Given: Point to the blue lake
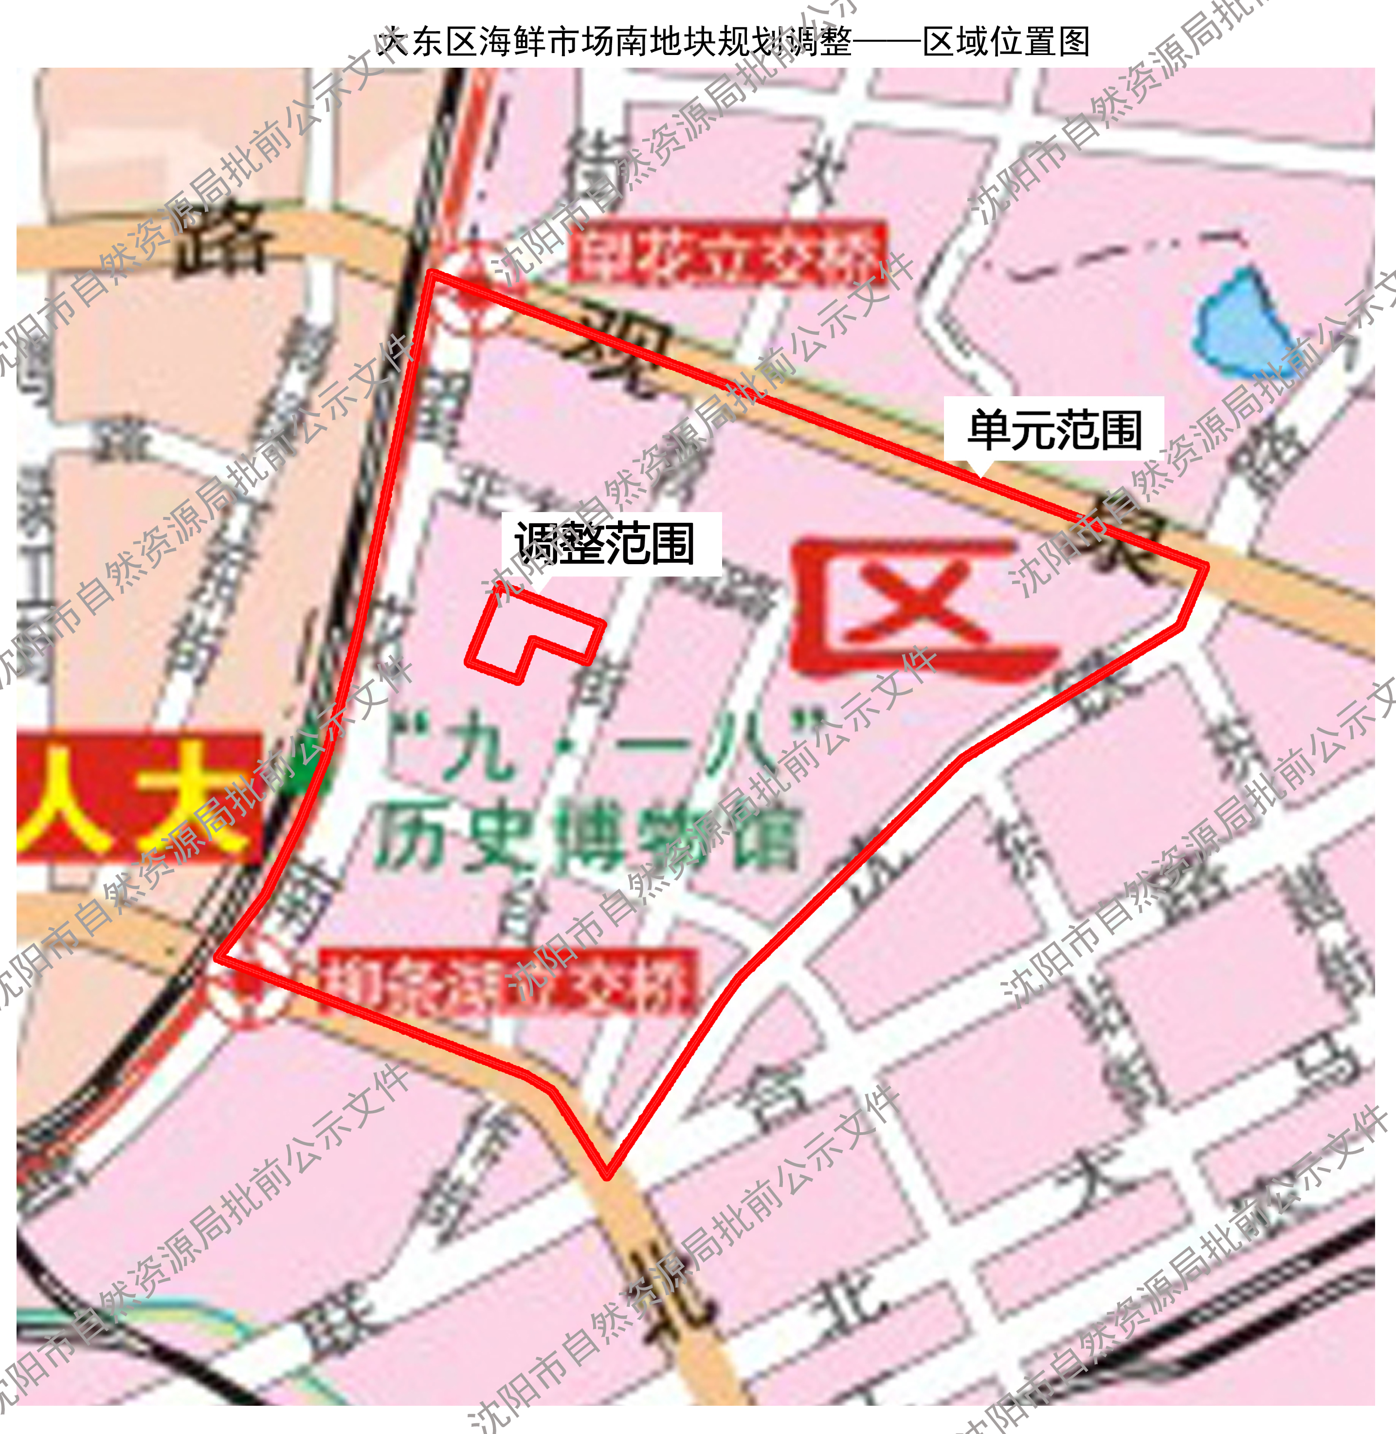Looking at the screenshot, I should (x=1239, y=323).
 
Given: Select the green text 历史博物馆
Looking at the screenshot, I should (x=586, y=840).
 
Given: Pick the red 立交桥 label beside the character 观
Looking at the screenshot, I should (x=727, y=252).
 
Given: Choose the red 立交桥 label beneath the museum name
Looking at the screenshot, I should (x=506, y=983).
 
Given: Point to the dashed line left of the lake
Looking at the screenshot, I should (x=1122, y=253).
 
